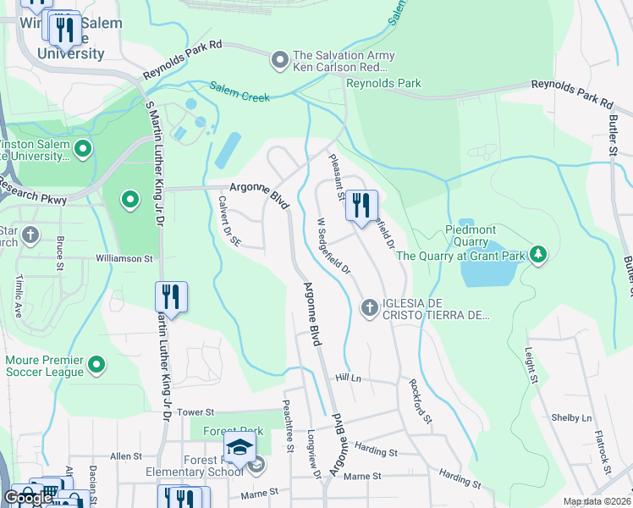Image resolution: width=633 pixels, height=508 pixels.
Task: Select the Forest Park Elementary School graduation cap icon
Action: [240, 448]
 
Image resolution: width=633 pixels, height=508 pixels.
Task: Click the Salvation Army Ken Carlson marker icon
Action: [280, 60]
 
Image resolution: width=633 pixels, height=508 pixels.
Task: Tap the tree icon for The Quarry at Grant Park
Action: [537, 254]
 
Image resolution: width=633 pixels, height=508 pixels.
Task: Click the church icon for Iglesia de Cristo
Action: [368, 307]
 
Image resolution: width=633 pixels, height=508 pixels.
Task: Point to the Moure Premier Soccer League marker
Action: [96, 364]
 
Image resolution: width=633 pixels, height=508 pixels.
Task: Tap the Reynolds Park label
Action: [383, 83]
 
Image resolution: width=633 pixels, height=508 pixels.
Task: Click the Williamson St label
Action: [124, 258]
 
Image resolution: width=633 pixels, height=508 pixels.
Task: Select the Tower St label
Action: [195, 411]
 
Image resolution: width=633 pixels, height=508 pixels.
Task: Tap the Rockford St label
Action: [421, 401]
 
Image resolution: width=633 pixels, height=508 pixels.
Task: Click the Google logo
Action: [28, 498]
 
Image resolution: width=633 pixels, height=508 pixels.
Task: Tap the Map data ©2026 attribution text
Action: [597, 501]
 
